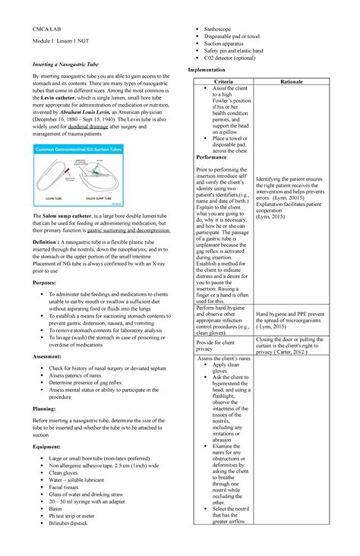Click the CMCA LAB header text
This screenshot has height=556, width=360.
(39, 28)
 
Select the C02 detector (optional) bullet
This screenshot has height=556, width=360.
(235, 57)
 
